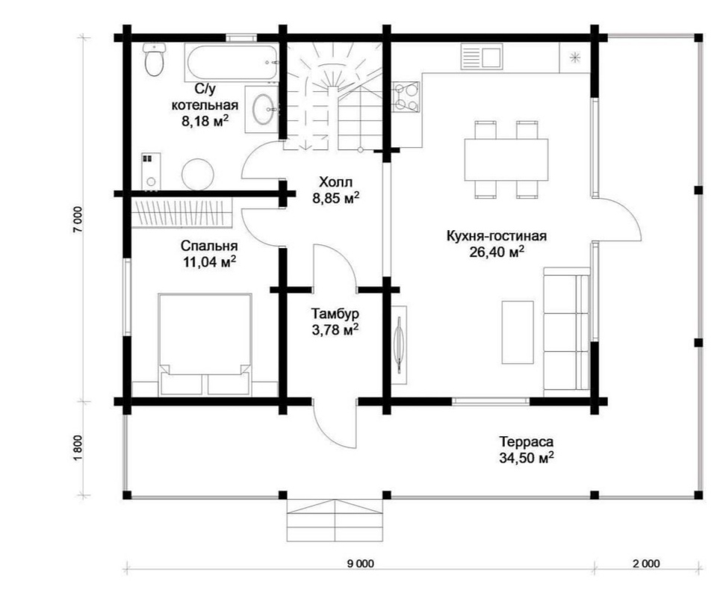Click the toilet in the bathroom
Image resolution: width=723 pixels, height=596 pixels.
(x=154, y=60)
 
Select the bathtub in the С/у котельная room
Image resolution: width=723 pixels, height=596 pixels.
(x=232, y=62)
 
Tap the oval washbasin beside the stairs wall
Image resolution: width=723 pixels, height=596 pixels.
(x=263, y=109)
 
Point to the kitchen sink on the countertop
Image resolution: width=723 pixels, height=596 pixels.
(x=482, y=57)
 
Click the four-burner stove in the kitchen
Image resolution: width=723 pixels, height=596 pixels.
(x=406, y=97)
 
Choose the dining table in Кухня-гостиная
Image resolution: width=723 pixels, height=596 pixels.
(x=506, y=160)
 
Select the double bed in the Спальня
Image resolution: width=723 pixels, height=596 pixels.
(x=205, y=344)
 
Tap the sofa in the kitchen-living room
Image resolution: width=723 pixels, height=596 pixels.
(x=567, y=332)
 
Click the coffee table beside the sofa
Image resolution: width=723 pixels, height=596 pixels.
(x=518, y=332)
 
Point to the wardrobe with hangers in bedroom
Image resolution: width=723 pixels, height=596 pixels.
(x=181, y=213)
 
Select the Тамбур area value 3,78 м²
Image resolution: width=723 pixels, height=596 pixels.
(x=335, y=330)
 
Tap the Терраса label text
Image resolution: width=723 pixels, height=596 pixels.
(x=526, y=441)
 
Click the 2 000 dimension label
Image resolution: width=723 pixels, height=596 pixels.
(x=646, y=563)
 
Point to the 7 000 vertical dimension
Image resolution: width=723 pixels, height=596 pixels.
(x=78, y=220)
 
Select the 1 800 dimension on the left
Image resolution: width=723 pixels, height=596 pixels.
(x=78, y=447)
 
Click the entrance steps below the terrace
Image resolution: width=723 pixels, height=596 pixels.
(x=335, y=521)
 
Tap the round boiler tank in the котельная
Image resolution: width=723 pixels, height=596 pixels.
(x=198, y=174)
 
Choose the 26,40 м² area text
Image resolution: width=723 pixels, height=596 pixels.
(x=497, y=252)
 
